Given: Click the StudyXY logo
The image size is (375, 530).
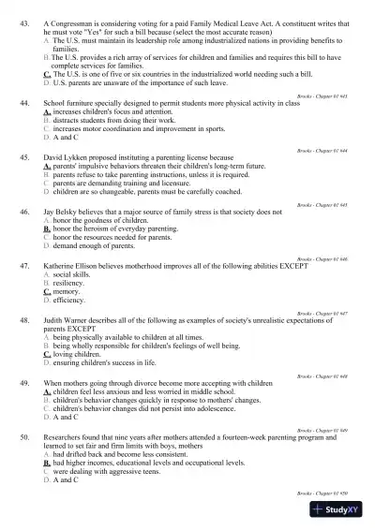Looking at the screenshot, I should tap(339, 510).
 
